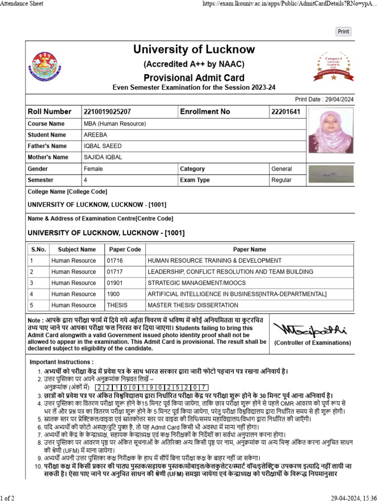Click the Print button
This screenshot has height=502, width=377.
[x=344, y=31]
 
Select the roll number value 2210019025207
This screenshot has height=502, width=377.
[x=108, y=112]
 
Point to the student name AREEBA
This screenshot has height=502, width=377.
[x=95, y=135]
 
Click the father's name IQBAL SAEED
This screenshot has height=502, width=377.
[x=103, y=146]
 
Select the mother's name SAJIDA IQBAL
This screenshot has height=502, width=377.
[x=103, y=157]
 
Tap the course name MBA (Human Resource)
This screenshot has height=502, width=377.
[x=114, y=124]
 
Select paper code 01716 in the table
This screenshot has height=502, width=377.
[x=115, y=261]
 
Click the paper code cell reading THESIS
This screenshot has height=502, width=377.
[x=117, y=305]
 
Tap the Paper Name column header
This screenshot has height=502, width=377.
[x=249, y=250]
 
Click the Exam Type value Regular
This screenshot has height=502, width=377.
[x=281, y=180]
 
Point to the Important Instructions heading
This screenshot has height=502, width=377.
[x=61, y=362]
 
